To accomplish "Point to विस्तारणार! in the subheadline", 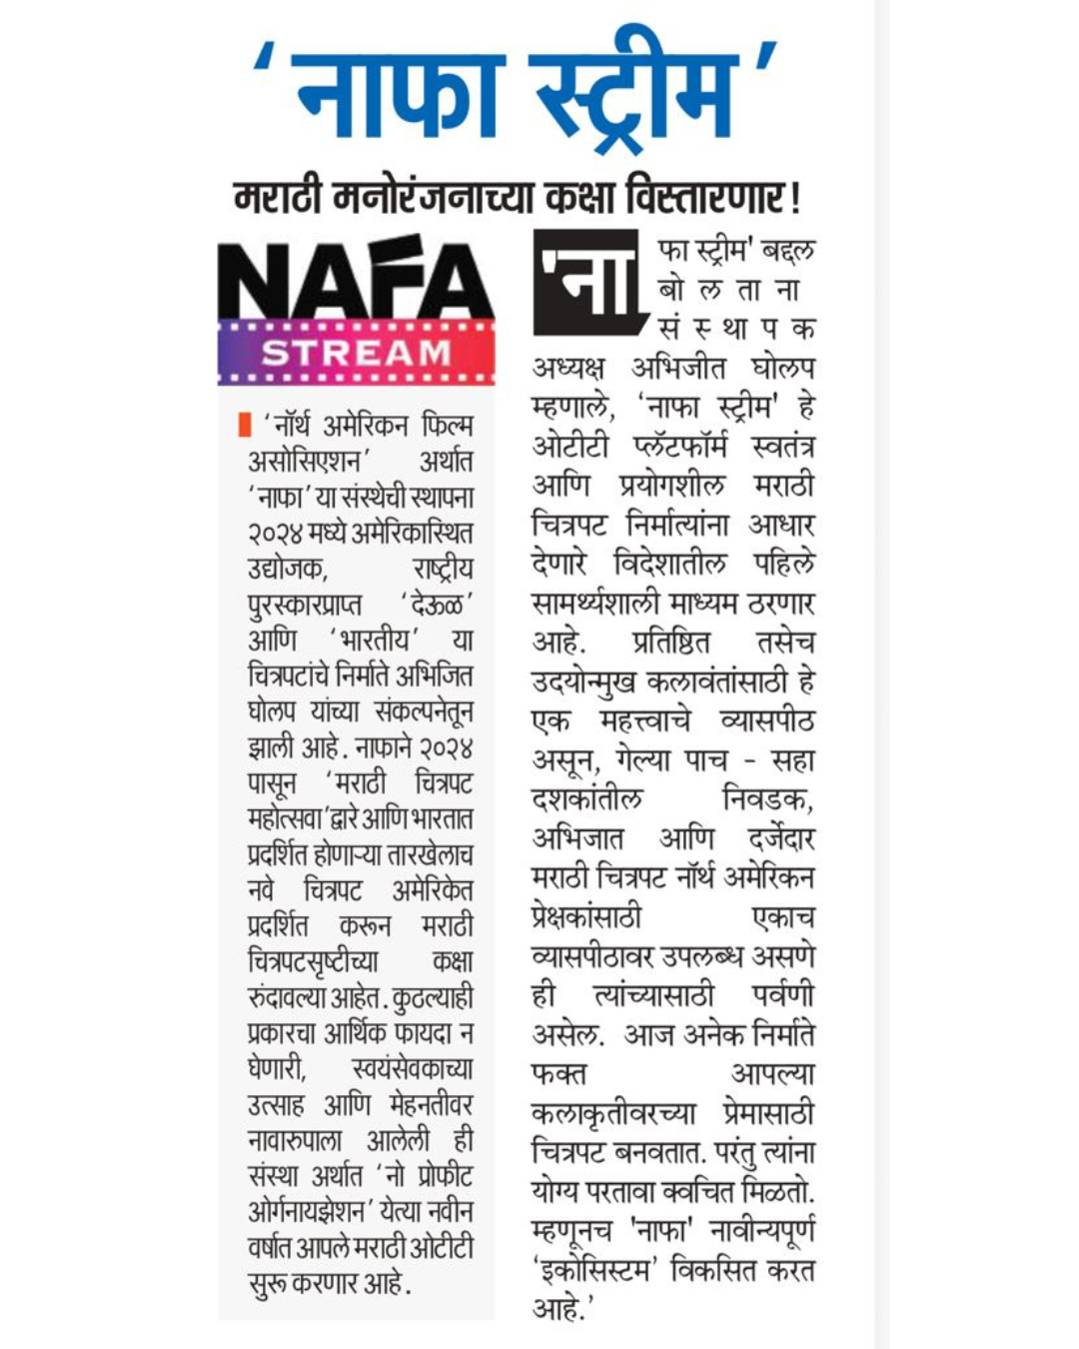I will coord(713,197).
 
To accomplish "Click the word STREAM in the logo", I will coord(357,353).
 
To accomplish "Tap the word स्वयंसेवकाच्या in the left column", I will coord(412,1069).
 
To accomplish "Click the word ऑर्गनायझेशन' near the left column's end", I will coord(306,1212).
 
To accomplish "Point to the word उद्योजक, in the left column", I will coord(287,569).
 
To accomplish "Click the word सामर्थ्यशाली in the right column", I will coord(594,604).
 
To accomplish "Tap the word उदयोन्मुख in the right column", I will coord(584,682).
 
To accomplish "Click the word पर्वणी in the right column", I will coord(782,995).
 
